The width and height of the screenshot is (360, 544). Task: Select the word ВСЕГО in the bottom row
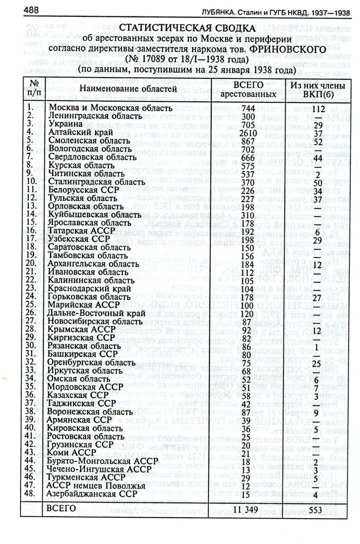[x=61, y=509]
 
